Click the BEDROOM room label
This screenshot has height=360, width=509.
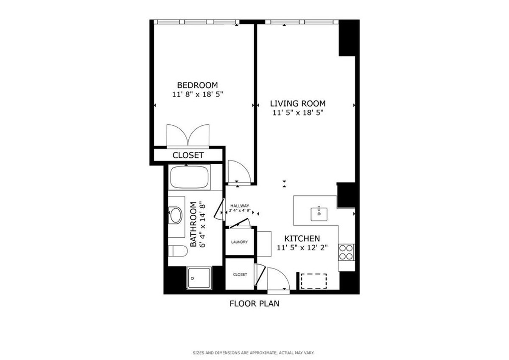point(197,84)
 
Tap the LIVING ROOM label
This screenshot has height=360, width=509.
point(298,103)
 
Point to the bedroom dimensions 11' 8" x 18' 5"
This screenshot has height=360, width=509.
point(198,94)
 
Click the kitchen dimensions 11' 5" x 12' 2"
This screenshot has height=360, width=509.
point(302,247)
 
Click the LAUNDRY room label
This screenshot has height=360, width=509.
point(240,242)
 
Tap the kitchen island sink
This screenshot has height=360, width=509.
point(319,214)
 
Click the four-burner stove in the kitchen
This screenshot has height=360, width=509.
point(347,252)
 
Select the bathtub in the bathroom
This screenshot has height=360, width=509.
point(190,177)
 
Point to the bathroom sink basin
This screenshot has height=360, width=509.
point(175,215)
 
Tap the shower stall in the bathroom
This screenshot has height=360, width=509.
point(199,278)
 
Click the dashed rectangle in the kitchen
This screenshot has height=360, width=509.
point(313,281)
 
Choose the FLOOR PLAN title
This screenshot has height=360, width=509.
point(254,304)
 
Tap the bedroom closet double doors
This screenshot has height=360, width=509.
point(188,135)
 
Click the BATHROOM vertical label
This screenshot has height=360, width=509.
point(198,225)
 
